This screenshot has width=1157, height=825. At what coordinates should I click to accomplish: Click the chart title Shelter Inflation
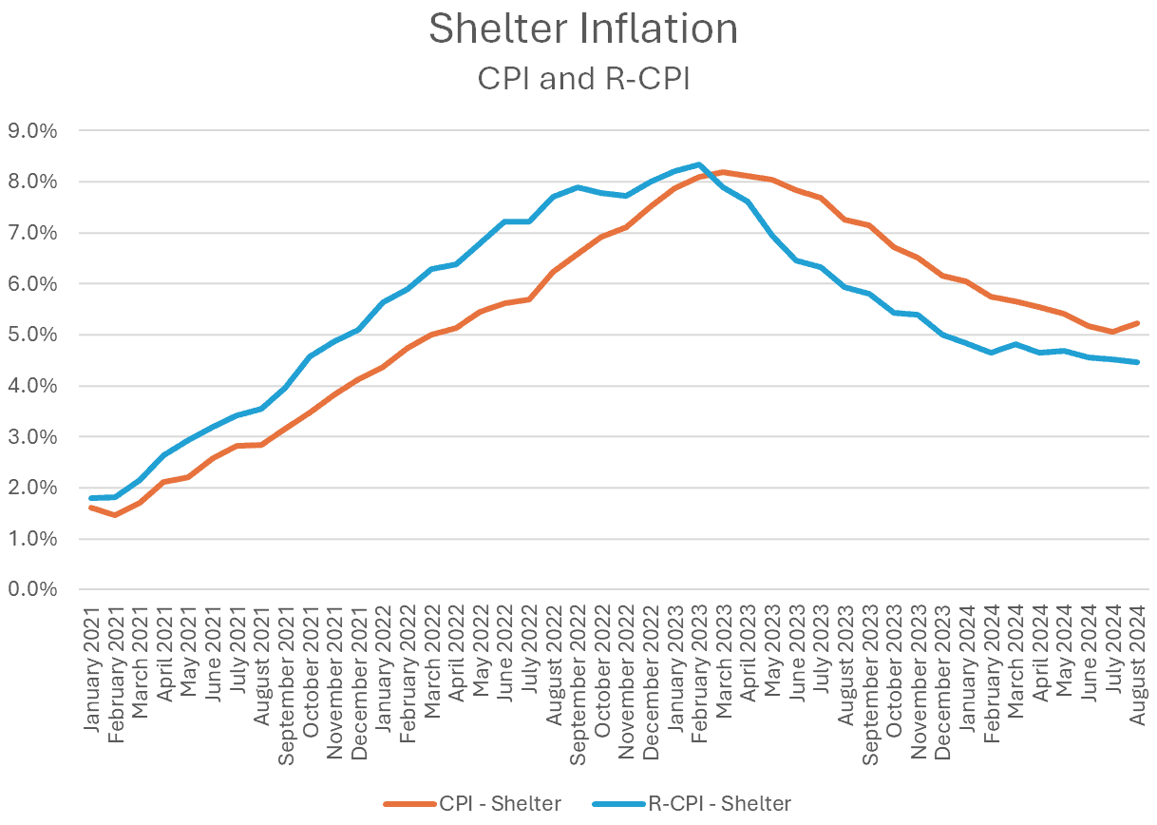pos(582,29)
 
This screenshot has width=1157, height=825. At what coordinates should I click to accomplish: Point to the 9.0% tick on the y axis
pos(32,130)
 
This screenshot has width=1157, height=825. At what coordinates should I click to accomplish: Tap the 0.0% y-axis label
pos(32,589)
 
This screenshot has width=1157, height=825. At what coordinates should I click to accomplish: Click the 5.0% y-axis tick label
pos(32,335)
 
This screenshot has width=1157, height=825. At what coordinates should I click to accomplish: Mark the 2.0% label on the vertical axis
pos(32,488)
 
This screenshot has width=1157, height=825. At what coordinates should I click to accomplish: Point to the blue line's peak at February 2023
pos(699,164)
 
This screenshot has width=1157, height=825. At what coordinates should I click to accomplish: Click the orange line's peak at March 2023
pos(723,172)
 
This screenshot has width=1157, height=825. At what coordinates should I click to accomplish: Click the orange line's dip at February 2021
pos(116,515)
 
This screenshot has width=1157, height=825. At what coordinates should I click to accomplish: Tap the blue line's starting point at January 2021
pos(92,498)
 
